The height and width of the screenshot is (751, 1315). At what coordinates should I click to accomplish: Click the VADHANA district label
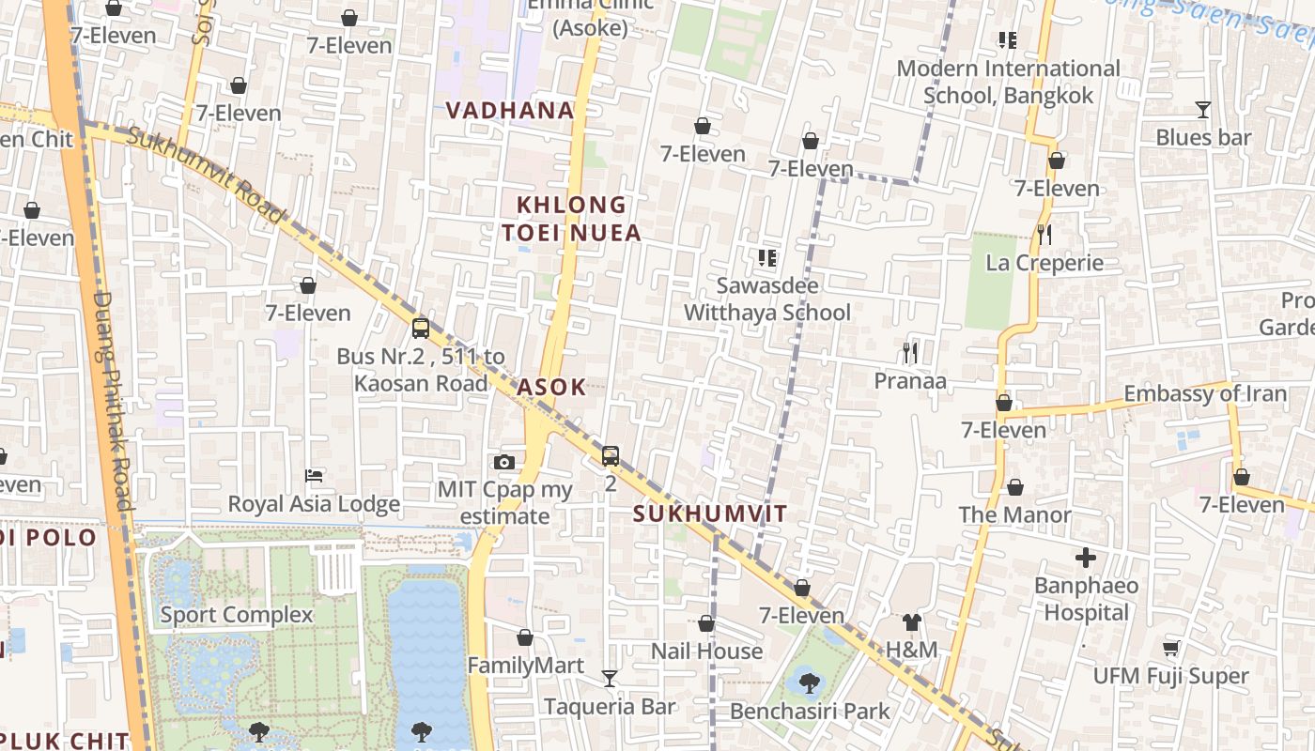(x=510, y=110)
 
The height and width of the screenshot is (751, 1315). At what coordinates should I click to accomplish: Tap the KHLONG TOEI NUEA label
(x=571, y=218)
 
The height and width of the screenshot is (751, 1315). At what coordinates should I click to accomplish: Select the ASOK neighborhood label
(x=551, y=387)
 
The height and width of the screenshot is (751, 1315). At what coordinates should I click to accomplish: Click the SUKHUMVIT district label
(x=710, y=513)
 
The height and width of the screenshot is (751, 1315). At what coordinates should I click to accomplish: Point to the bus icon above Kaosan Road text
(x=421, y=329)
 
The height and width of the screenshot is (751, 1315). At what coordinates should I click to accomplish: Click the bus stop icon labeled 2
(x=611, y=456)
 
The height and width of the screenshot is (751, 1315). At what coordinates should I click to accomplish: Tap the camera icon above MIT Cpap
(x=504, y=462)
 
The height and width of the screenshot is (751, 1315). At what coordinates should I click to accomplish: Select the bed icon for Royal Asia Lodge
(x=315, y=477)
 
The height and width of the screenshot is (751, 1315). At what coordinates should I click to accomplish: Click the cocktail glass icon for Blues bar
(x=1203, y=110)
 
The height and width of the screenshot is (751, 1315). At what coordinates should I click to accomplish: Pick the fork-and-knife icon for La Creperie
(x=1044, y=234)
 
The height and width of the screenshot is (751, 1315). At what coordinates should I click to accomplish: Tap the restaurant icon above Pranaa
(x=909, y=353)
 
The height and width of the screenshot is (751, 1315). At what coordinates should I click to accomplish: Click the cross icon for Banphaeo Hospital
(x=1086, y=558)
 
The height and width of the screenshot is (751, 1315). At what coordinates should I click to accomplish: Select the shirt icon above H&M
(x=911, y=621)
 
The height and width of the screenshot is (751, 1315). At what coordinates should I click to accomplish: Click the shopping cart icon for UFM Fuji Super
(x=1170, y=648)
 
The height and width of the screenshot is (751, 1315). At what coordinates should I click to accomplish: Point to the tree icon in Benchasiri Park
(x=809, y=682)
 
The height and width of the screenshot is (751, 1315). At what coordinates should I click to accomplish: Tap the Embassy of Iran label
(x=1205, y=393)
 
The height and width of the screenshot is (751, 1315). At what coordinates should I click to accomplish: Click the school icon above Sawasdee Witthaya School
(x=767, y=257)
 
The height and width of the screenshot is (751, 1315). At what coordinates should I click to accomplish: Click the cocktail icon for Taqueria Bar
(x=610, y=678)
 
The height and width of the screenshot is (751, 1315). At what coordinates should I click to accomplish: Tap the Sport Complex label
(x=236, y=615)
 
